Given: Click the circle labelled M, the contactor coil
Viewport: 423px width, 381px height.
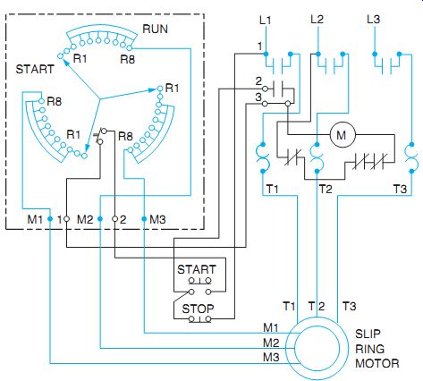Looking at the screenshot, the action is click(343, 135).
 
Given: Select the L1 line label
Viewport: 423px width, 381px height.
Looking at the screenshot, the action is click(265, 21).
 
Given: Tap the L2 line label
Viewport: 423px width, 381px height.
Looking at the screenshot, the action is click(317, 20).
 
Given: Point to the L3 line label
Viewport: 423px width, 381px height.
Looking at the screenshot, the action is click(373, 20).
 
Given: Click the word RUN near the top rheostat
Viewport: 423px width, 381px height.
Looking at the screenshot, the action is click(156, 29).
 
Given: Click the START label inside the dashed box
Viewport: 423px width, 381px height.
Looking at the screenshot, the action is click(35, 69).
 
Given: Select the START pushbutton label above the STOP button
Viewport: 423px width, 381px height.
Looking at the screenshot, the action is click(197, 269).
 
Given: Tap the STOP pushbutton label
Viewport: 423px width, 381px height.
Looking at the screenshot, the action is click(198, 309).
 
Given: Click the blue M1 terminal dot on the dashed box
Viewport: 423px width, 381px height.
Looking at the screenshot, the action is click(50, 219).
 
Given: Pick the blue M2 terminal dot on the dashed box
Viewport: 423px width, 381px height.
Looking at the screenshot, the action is click(100, 219).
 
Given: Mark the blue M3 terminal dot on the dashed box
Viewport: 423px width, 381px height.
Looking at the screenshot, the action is click(144, 219).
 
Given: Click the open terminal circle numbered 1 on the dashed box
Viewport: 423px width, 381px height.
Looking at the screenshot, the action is click(67, 219).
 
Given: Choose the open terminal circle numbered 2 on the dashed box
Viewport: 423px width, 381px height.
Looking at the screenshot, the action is click(114, 219).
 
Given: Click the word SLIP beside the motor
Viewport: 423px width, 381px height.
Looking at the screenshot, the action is click(368, 334).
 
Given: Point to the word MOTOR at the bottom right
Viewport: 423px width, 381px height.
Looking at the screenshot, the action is click(377, 363).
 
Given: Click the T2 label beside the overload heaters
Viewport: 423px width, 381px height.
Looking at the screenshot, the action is click(326, 189).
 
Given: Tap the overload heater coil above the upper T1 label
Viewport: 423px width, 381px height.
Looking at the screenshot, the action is click(263, 158).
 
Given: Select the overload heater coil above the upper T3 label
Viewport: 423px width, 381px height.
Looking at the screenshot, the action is click(411, 158).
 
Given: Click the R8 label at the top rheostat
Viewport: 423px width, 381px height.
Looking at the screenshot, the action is click(128, 59).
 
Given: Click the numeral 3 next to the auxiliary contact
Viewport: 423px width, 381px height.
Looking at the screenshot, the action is click(258, 97).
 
